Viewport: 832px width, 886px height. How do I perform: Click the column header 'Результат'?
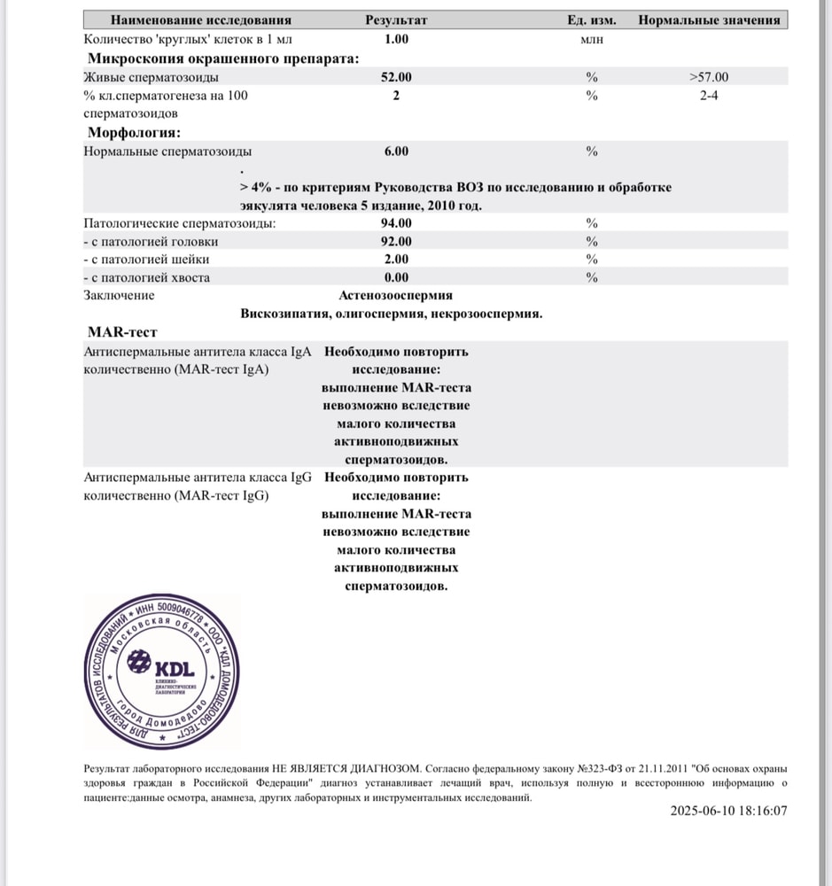(x=396, y=19)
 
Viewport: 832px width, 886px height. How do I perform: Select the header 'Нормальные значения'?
(x=709, y=19)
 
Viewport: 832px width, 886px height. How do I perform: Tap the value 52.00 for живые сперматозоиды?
(x=396, y=77)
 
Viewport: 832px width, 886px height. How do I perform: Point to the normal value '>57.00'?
(x=708, y=77)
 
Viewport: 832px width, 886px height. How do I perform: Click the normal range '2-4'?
(x=709, y=96)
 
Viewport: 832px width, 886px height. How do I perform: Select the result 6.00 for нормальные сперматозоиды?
(x=396, y=152)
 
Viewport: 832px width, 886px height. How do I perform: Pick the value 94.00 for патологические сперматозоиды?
(x=396, y=222)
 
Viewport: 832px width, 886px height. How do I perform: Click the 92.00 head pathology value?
(x=396, y=241)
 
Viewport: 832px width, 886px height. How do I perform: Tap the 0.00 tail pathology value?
(x=396, y=277)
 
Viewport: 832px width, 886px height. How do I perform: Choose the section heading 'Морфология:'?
(x=134, y=133)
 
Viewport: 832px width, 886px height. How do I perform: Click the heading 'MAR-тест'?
(x=122, y=332)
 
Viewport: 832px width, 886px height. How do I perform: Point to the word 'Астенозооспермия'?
(x=395, y=295)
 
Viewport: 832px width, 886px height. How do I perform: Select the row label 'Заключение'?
(x=119, y=295)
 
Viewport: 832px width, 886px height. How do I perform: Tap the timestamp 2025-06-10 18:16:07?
(x=728, y=810)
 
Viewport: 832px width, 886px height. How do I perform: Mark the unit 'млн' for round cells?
(x=591, y=39)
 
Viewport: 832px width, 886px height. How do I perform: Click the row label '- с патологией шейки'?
(x=146, y=260)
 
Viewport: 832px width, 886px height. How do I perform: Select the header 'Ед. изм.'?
(x=592, y=19)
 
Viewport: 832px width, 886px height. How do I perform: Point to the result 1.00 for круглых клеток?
(x=396, y=39)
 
